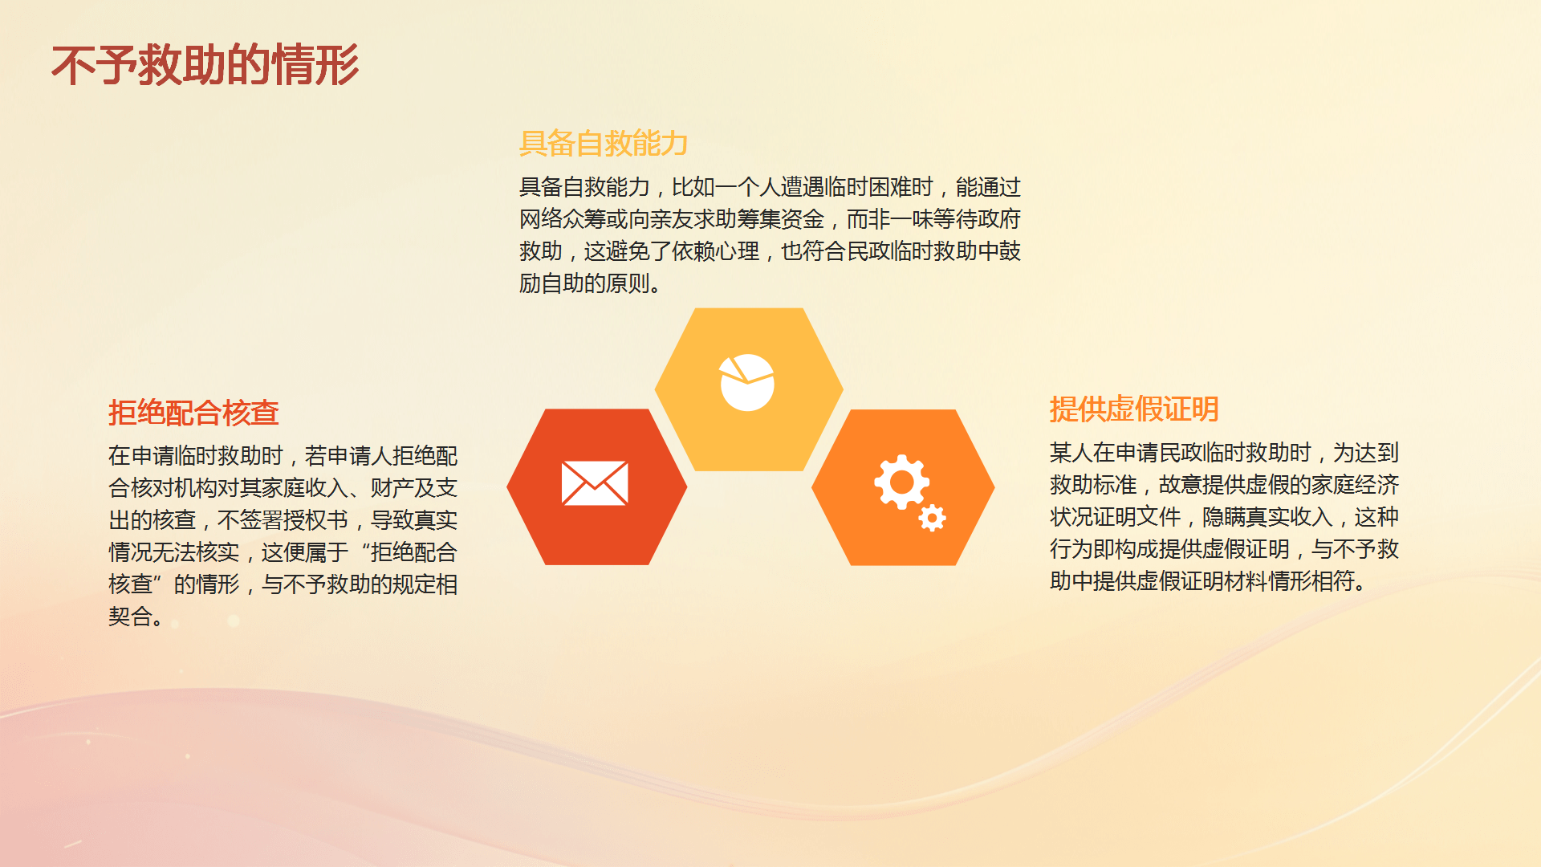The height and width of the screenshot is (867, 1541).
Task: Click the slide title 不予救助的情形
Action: [205, 65]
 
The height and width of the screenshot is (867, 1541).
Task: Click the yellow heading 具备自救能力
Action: [604, 144]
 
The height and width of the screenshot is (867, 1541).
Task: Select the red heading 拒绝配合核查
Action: [193, 413]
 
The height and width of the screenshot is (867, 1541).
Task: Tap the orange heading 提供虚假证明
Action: [1134, 409]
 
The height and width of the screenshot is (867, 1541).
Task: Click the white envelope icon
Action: [595, 483]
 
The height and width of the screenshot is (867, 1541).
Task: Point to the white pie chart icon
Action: [746, 382]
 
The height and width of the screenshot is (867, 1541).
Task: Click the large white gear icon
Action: [901, 482]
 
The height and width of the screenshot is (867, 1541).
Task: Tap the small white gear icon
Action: [932, 519]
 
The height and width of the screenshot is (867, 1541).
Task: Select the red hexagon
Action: [597, 486]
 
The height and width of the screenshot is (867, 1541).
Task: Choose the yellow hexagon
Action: [749, 389]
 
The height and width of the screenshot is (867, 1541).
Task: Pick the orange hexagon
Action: [903, 487]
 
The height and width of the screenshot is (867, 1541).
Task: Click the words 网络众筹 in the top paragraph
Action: [563, 219]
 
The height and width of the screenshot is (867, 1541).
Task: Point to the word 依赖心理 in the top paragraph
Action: [715, 251]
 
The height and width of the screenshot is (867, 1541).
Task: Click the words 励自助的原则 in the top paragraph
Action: [584, 283]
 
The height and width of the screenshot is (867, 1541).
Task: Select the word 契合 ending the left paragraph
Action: [130, 617]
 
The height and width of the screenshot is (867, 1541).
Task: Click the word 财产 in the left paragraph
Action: [392, 488]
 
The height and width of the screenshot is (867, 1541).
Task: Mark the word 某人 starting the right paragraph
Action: [1071, 453]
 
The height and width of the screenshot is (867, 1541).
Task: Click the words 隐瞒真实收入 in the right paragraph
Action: [1267, 517]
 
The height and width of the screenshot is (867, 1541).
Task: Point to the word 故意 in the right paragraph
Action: [1181, 485]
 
